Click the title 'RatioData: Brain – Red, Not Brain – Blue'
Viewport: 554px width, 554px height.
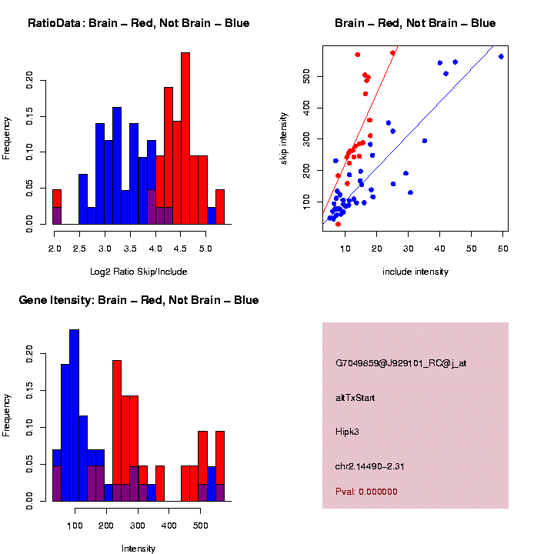[138, 23]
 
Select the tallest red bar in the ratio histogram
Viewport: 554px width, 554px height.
[185, 138]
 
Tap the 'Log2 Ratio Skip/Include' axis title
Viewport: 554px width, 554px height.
[138, 272]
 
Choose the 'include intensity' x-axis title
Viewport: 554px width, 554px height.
[415, 272]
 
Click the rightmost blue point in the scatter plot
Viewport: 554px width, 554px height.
[501, 56]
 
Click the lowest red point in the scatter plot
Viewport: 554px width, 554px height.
[339, 224]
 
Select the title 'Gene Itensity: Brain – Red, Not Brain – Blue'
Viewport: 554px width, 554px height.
[138, 300]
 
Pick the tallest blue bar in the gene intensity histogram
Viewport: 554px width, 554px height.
[75, 415]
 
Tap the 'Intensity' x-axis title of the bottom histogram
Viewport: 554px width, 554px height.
[138, 549]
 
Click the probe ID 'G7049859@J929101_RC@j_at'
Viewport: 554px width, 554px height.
[400, 363]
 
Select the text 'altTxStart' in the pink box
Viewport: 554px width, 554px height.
[355, 398]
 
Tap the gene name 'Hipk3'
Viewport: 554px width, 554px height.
[347, 432]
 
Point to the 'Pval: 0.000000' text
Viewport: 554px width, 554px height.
[366, 492]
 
